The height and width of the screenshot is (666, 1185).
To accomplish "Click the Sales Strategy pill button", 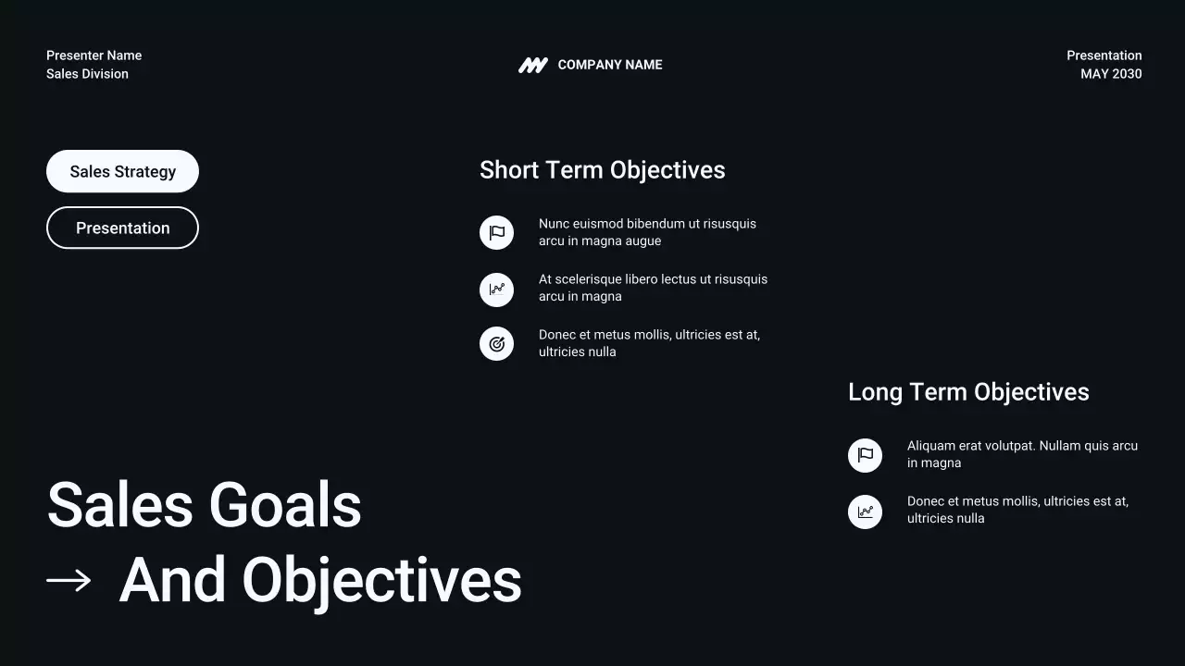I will tap(122, 171).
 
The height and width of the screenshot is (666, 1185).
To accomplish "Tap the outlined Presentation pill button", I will tap(122, 228).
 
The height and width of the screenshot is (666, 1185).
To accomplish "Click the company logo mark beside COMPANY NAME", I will tap(532, 65).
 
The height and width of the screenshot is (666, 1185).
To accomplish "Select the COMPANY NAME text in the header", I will tap(610, 65).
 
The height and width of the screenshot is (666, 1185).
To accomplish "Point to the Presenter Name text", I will tap(94, 55).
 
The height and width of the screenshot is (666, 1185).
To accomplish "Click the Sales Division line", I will tap(87, 74).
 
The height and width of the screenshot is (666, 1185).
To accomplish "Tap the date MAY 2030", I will tap(1111, 74).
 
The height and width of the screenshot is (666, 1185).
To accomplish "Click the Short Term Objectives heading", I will tap(602, 170).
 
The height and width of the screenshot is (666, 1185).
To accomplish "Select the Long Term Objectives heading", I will tap(968, 392).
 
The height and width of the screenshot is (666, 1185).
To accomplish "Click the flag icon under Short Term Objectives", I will tap(496, 232).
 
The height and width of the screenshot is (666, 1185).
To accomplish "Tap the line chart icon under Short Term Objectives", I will tap(496, 289).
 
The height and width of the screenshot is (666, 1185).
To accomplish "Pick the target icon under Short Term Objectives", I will tap(496, 344).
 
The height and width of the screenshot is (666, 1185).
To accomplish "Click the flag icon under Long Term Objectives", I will tap(865, 455).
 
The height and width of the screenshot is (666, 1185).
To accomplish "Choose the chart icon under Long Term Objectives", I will tap(865, 512).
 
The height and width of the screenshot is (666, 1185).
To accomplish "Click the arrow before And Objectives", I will tap(69, 581).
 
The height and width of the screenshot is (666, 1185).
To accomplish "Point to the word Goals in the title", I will tap(284, 506).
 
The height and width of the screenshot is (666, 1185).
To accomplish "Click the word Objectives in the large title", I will tap(381, 581).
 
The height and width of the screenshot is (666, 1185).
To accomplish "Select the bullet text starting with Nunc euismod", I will tap(647, 232).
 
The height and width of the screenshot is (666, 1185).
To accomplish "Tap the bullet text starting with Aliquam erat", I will tap(1022, 454).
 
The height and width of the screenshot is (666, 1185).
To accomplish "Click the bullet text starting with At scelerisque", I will tap(653, 288).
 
